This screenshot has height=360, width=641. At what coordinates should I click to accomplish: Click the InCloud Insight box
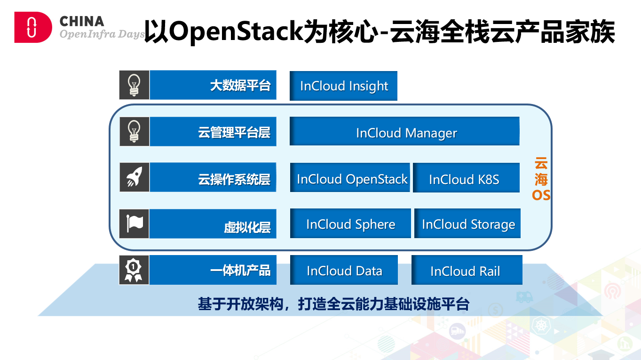click(x=343, y=86)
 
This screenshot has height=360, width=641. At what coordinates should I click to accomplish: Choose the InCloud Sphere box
click(x=350, y=224)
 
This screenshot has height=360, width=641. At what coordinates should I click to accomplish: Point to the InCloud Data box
click(x=344, y=270)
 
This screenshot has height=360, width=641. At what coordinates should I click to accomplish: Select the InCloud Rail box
click(x=467, y=270)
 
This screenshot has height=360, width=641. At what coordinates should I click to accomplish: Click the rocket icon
click(x=134, y=177)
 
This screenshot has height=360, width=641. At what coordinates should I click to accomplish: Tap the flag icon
click(x=134, y=224)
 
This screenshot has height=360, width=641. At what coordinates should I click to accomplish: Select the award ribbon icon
click(x=134, y=270)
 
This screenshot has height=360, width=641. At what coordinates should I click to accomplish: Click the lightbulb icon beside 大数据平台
click(x=134, y=85)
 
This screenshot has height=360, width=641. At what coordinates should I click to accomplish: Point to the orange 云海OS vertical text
click(x=541, y=179)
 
